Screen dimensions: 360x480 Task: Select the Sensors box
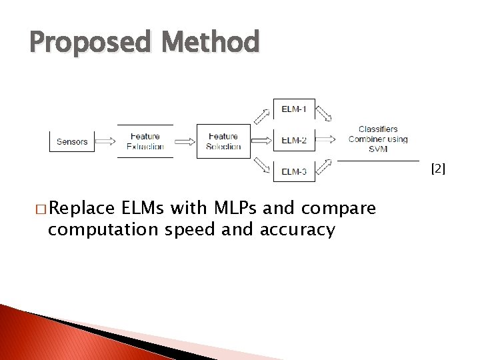tap(72, 141)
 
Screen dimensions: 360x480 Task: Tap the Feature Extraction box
tap(145, 141)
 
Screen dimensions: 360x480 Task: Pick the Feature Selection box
tap(223, 141)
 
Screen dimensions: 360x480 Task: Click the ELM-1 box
tap(294, 109)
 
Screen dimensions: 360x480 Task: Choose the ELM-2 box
tap(294, 141)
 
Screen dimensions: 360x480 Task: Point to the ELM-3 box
tap(294, 171)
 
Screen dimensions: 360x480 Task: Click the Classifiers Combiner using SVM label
tap(378, 139)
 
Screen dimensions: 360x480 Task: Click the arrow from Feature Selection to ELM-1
tap(262, 114)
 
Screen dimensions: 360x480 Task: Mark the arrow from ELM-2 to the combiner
tap(326, 140)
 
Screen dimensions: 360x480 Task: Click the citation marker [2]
tap(438, 169)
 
